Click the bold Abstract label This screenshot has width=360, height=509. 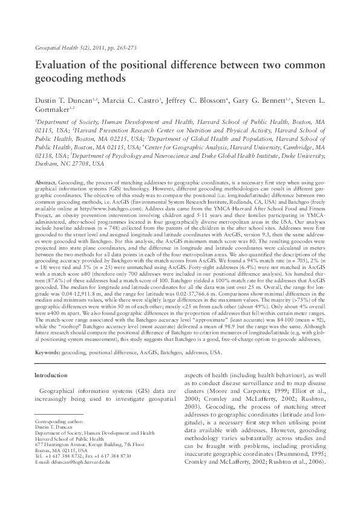pos(46,182)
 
